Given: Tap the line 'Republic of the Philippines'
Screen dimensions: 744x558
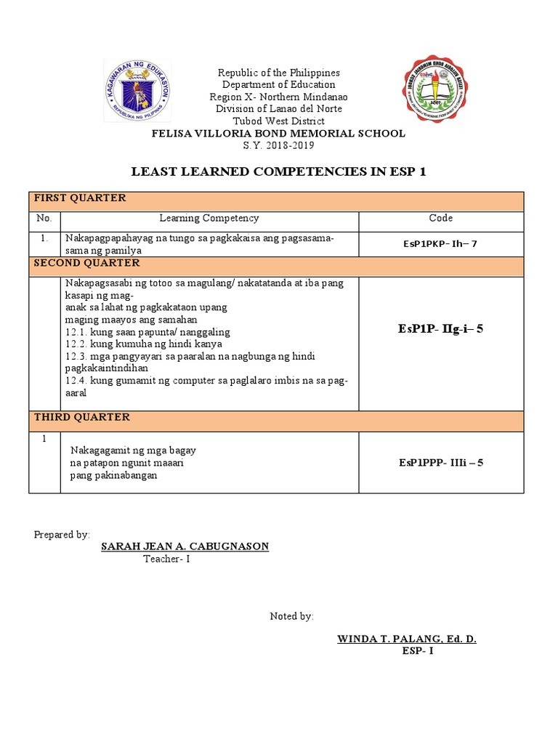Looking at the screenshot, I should (279, 73).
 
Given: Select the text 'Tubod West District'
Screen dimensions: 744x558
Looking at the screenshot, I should (279, 121).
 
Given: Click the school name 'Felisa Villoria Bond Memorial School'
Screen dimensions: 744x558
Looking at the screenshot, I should (279, 134).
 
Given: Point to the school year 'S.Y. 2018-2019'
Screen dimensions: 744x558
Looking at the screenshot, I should (279, 145).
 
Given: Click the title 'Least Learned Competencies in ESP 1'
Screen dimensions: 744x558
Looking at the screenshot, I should (279, 171).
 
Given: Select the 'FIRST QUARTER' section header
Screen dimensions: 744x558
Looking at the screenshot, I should (80, 198).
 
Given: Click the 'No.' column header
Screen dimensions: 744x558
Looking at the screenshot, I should (44, 218).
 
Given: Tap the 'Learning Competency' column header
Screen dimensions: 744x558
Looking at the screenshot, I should (209, 218).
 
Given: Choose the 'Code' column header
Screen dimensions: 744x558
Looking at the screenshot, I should (440, 218).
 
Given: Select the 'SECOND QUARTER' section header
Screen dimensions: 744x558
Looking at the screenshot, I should (86, 263).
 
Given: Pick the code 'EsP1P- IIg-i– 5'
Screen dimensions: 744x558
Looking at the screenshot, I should (440, 329).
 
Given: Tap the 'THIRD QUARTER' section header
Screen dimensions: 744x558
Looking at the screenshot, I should (82, 417).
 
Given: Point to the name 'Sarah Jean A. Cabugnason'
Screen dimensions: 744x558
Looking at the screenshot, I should (185, 546).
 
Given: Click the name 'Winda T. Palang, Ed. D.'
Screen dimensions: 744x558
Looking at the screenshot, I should (407, 639).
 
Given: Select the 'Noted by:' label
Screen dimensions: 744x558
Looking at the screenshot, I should (292, 616).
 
